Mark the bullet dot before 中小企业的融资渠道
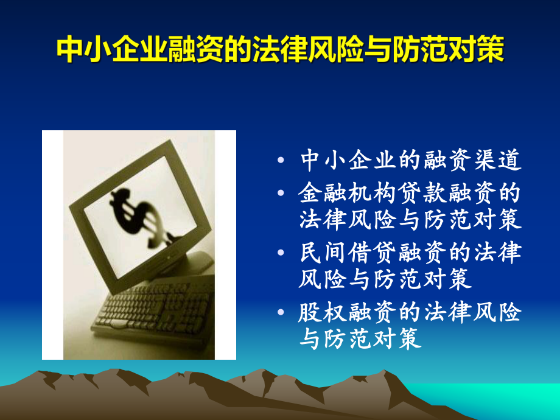point(281,161)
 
